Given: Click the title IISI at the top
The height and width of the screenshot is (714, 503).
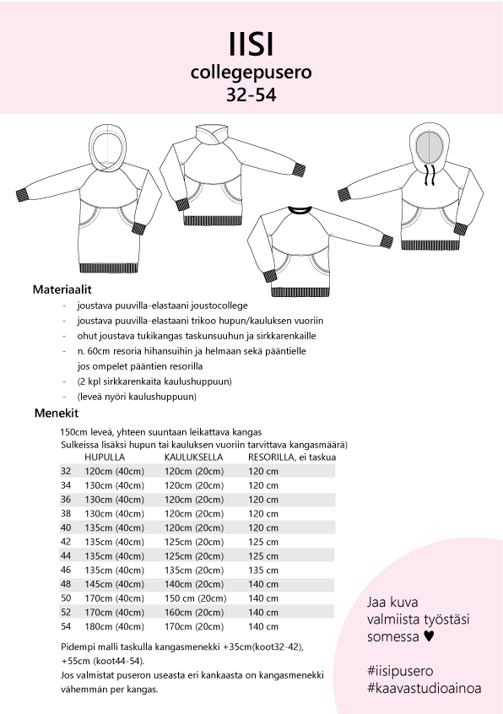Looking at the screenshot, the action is [x=251, y=45].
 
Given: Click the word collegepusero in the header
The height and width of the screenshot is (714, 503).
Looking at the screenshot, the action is [x=251, y=73].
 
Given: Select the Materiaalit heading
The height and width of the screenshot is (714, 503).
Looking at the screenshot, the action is [x=62, y=289].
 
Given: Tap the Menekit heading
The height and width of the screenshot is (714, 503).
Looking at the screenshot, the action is [x=57, y=413].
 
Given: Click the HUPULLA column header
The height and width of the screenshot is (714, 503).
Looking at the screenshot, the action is [x=105, y=457].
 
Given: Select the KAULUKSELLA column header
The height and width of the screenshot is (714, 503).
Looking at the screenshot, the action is [x=193, y=457].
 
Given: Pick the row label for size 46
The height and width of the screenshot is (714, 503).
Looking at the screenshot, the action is [x=66, y=570].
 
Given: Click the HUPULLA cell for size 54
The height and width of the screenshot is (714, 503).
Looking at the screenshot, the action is [x=114, y=626].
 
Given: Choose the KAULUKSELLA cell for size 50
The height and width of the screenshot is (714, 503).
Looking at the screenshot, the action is [x=195, y=598].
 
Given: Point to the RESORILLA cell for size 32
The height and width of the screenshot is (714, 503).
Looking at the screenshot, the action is [x=263, y=471].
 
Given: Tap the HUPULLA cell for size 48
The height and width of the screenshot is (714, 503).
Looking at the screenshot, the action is [x=114, y=584].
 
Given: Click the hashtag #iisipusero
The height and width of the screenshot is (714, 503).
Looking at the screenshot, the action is [x=400, y=671].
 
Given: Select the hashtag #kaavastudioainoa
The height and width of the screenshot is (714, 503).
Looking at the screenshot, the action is [x=425, y=688].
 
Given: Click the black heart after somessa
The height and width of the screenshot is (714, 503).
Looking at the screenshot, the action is [x=429, y=636].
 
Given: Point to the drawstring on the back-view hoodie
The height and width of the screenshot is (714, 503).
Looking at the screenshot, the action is [x=429, y=175].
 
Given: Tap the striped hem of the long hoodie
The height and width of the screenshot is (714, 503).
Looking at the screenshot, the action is [x=108, y=268].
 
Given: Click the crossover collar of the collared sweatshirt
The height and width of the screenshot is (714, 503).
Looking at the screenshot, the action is [x=212, y=134].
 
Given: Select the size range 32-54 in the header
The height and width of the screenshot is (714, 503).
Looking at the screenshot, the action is [x=251, y=95].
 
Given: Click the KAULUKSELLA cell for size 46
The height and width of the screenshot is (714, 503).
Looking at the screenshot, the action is [x=194, y=571].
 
